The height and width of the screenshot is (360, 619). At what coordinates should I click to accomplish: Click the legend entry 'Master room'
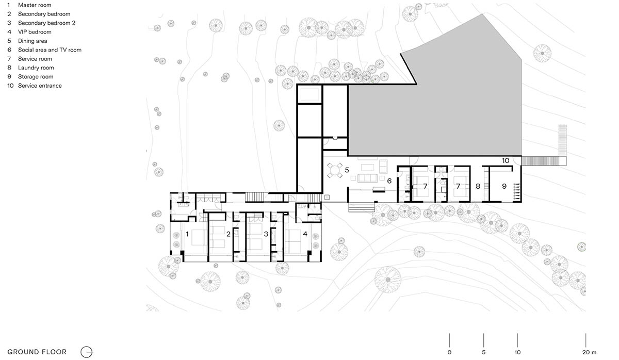tap(35, 5)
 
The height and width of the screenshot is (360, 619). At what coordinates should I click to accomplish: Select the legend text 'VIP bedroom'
tap(35, 32)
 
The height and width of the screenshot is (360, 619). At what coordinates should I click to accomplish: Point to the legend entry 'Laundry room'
tap(36, 68)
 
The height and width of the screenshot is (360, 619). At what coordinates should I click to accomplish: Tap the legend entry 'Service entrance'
tap(40, 86)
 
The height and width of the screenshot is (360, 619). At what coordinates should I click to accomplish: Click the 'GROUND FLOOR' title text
tap(37, 352)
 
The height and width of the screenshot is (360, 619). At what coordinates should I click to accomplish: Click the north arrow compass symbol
tap(87, 352)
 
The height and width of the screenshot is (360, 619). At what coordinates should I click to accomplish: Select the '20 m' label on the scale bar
tap(589, 352)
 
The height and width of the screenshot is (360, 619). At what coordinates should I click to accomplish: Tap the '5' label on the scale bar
tap(484, 352)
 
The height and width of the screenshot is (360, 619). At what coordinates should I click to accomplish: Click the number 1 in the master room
tap(187, 234)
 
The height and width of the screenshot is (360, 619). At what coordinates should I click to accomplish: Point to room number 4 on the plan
tap(305, 234)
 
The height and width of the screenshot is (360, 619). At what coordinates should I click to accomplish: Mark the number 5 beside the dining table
tap(347, 170)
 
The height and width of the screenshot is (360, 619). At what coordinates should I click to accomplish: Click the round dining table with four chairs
tap(334, 170)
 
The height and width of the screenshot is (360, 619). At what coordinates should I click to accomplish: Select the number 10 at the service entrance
tap(506, 160)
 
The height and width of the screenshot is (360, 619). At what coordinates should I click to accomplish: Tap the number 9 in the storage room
tap(504, 186)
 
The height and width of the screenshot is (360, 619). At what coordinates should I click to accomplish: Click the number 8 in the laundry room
tap(478, 186)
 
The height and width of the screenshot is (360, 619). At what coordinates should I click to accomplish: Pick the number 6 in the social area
tap(389, 181)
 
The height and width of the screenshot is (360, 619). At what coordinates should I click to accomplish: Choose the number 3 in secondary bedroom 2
tap(266, 234)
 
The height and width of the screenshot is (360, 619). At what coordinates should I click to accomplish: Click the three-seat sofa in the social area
tap(367, 178)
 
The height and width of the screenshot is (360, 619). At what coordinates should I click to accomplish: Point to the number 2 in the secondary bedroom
tap(228, 234)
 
